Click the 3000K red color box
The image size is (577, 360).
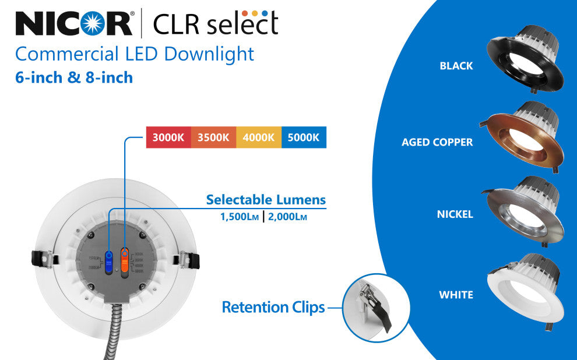coord(168,138)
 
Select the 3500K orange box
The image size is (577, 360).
coord(213,138)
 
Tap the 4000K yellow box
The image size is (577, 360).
coord(259,138)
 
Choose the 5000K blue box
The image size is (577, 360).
coord(304,138)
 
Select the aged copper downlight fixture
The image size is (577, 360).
coord(522,137)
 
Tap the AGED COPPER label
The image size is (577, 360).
coord(437,142)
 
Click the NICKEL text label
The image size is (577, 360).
coord(455,214)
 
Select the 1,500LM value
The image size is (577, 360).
coord(239,217)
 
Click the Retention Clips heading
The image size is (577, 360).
coord(273,307)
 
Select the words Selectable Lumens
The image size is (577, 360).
coord(266,200)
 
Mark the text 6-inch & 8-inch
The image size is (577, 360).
coord(74,77)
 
